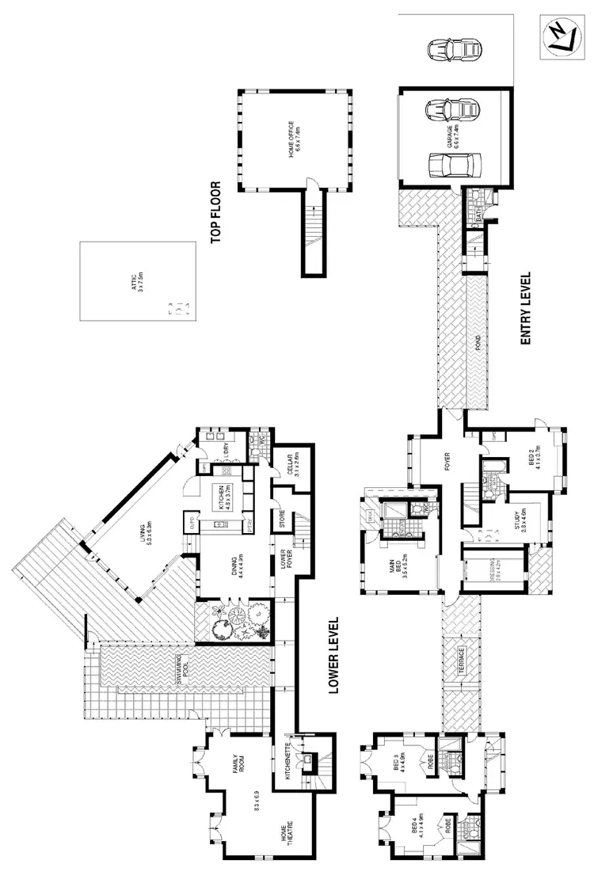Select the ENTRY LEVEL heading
524,309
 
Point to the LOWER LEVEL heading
333,656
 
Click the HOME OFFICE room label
294,141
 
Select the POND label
475,342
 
